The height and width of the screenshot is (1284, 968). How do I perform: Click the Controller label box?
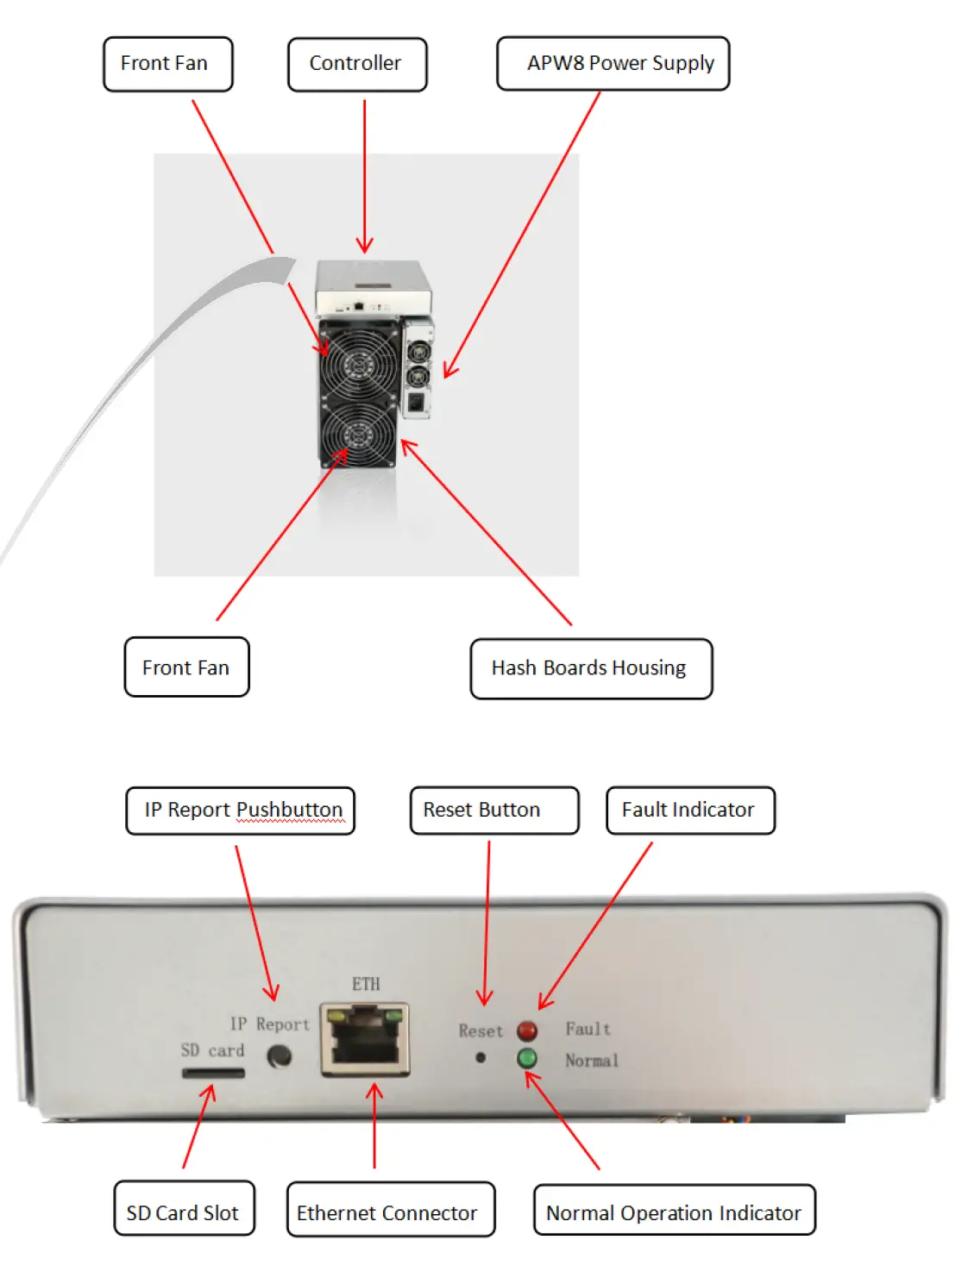point(357,64)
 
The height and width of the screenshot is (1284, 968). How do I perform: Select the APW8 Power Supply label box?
point(613,64)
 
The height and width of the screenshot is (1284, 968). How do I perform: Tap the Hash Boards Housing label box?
point(591,668)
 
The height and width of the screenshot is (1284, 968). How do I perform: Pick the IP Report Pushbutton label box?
point(240,811)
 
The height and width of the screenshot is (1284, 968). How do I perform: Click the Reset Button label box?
point(493,811)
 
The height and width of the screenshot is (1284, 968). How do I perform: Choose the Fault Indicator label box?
point(690,811)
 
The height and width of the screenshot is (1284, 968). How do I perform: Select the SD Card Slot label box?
point(184,1208)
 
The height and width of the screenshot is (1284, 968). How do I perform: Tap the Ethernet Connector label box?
point(390,1209)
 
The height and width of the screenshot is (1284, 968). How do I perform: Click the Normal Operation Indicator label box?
point(674,1210)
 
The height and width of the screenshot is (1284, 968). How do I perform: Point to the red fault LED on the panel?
point(526,1030)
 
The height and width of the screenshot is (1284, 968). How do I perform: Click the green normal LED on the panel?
point(526,1058)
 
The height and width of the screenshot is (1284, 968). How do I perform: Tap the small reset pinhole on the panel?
point(481,1058)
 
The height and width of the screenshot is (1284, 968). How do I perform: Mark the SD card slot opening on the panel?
point(213,1074)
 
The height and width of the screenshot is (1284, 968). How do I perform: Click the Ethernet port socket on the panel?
point(365,1040)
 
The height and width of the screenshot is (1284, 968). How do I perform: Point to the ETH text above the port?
point(366,984)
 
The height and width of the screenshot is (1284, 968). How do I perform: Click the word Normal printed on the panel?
point(592,1061)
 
